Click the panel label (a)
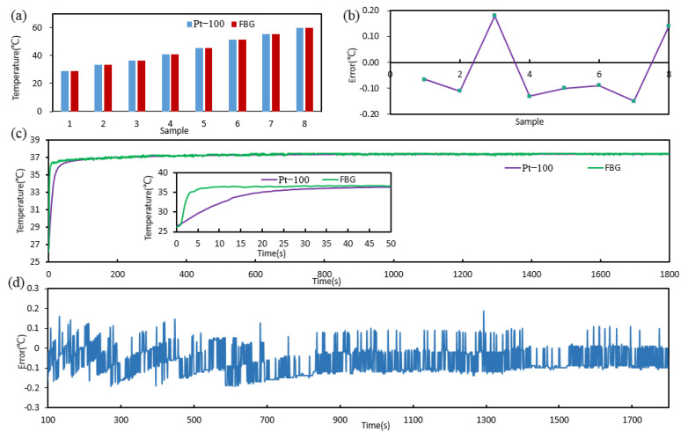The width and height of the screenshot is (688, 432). coord(14,12)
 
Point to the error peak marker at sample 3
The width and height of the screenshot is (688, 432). coord(494,15)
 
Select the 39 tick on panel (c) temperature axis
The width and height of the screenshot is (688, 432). coord(34,140)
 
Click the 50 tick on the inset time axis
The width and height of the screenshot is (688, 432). coord(391,243)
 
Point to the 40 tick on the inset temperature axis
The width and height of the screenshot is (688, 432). coord(166,173)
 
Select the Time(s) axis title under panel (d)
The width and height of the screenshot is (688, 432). coord(375,425)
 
